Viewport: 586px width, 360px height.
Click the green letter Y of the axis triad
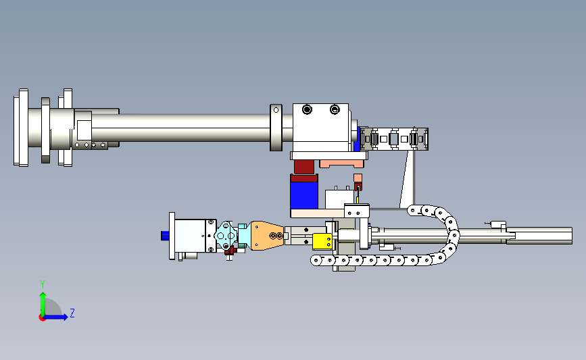pyautogui.click(x=43, y=284)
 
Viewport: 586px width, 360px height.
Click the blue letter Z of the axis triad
pyautogui.click(x=72, y=313)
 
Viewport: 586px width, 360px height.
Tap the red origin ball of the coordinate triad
pyautogui.click(x=42, y=318)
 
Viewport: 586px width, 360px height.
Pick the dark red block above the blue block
pyautogui.click(x=304, y=167)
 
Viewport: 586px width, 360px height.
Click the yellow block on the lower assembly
pyautogui.click(x=322, y=242)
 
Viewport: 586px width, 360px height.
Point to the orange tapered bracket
pyautogui.click(x=267, y=236)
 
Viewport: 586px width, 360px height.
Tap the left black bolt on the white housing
pyautogui.click(x=307, y=110)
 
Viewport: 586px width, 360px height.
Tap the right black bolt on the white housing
pyautogui.click(x=335, y=109)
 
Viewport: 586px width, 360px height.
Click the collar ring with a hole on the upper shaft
pyautogui.click(x=276, y=128)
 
